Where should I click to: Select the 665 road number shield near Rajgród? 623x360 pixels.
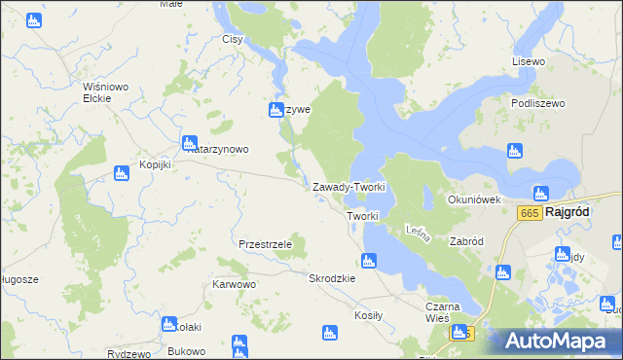pyautogui.click(x=530, y=213)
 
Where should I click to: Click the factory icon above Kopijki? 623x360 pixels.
pyautogui.click(x=122, y=173)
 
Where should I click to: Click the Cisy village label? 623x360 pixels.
pyautogui.click(x=232, y=40)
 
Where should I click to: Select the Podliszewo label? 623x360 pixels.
pyautogui.click(x=537, y=102)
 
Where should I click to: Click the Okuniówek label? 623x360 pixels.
pyautogui.click(x=473, y=199)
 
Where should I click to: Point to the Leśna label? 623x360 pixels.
pyautogui.click(x=417, y=232)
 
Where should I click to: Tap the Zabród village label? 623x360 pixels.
pyautogui.click(x=466, y=240)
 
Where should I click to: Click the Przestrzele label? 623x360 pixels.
pyautogui.click(x=266, y=244)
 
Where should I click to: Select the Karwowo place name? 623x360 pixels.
pyautogui.click(x=234, y=285)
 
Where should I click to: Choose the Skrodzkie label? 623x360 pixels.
pyautogui.click(x=332, y=278)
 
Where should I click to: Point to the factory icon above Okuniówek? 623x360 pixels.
pyautogui.click(x=514, y=151)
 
